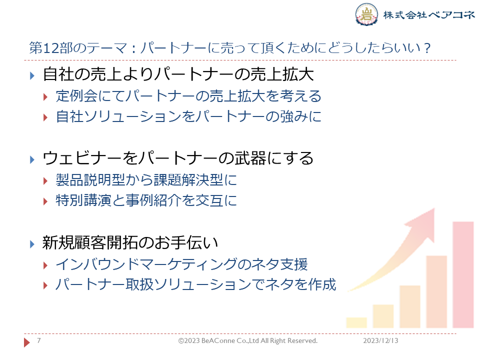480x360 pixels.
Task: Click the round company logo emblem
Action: (366, 14)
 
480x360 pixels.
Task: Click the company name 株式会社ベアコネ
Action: (428, 14)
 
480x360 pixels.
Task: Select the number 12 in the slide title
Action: (50, 48)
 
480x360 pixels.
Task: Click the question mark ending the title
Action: (427, 48)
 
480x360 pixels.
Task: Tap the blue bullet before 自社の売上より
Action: (32, 75)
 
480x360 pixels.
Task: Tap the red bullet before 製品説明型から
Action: (45, 181)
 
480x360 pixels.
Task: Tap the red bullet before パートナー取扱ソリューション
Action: (45, 285)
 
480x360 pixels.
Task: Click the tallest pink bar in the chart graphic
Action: (463, 275)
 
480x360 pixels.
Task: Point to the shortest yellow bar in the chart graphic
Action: (356, 322)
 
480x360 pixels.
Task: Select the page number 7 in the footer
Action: (39, 340)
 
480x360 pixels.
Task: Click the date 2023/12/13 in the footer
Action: (380, 340)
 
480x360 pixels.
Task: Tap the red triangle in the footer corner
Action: (26, 342)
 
